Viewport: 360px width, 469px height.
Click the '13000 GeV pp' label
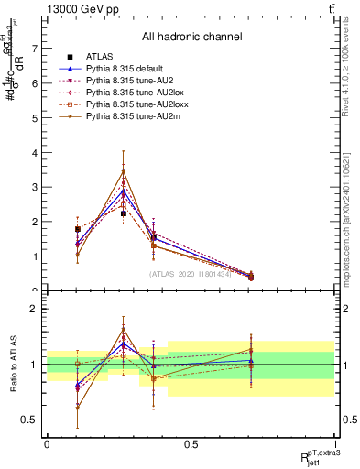point(51,8)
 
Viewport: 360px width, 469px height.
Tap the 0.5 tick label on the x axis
point(191,444)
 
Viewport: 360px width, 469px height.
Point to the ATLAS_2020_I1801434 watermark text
point(191,273)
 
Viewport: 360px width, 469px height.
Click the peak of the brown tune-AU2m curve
point(123,169)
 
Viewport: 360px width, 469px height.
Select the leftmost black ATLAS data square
point(78,229)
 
